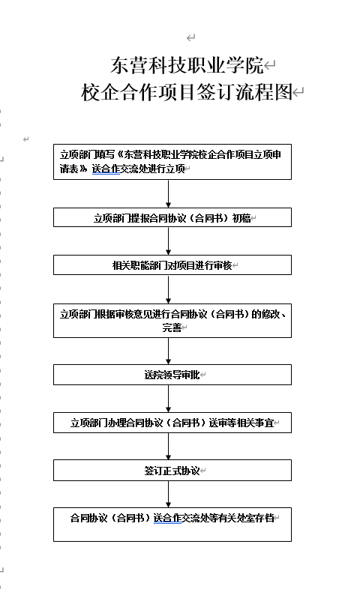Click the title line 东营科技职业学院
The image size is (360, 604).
pyautogui.click(x=187, y=65)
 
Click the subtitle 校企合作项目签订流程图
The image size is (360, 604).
pyautogui.click(x=187, y=92)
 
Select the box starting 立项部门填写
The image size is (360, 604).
pyautogui.click(x=172, y=162)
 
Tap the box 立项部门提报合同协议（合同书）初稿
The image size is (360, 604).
pyautogui.click(x=172, y=217)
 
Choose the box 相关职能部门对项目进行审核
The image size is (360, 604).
pyautogui.click(x=172, y=265)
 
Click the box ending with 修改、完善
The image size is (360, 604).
pyautogui.click(x=172, y=321)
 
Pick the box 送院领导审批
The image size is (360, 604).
pyautogui.click(x=172, y=375)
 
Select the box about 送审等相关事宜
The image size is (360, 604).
pyautogui.click(x=172, y=423)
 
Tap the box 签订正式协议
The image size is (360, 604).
pyautogui.click(x=172, y=471)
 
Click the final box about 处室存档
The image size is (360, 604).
pyautogui.click(x=172, y=525)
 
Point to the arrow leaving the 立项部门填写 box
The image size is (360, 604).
pyautogui.click(x=169, y=194)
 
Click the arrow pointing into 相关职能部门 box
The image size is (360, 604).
pyautogui.click(x=169, y=241)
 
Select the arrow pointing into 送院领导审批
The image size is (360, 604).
pyautogui.click(x=169, y=351)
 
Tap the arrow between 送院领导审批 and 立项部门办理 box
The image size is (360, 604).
pyautogui.click(x=169, y=399)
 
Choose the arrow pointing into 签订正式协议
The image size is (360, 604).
pyautogui.click(x=169, y=447)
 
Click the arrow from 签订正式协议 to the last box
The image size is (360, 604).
pyautogui.click(x=169, y=495)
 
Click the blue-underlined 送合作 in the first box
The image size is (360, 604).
pyautogui.click(x=106, y=169)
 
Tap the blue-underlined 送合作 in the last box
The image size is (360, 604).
pyautogui.click(x=167, y=518)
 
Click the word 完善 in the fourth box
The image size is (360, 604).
pyautogui.click(x=172, y=327)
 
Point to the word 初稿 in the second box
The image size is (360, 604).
pyautogui.click(x=241, y=218)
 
